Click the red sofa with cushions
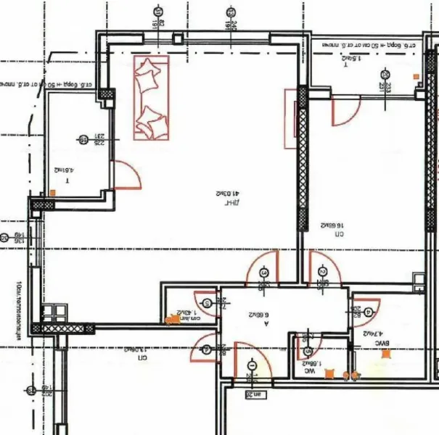click(152, 99)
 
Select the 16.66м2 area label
click(332, 225)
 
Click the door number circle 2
click(322, 271)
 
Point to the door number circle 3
click(263, 273)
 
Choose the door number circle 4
click(369, 312)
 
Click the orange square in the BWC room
click(386, 353)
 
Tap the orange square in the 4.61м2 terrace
click(53, 193)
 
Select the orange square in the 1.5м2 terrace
click(417, 75)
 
